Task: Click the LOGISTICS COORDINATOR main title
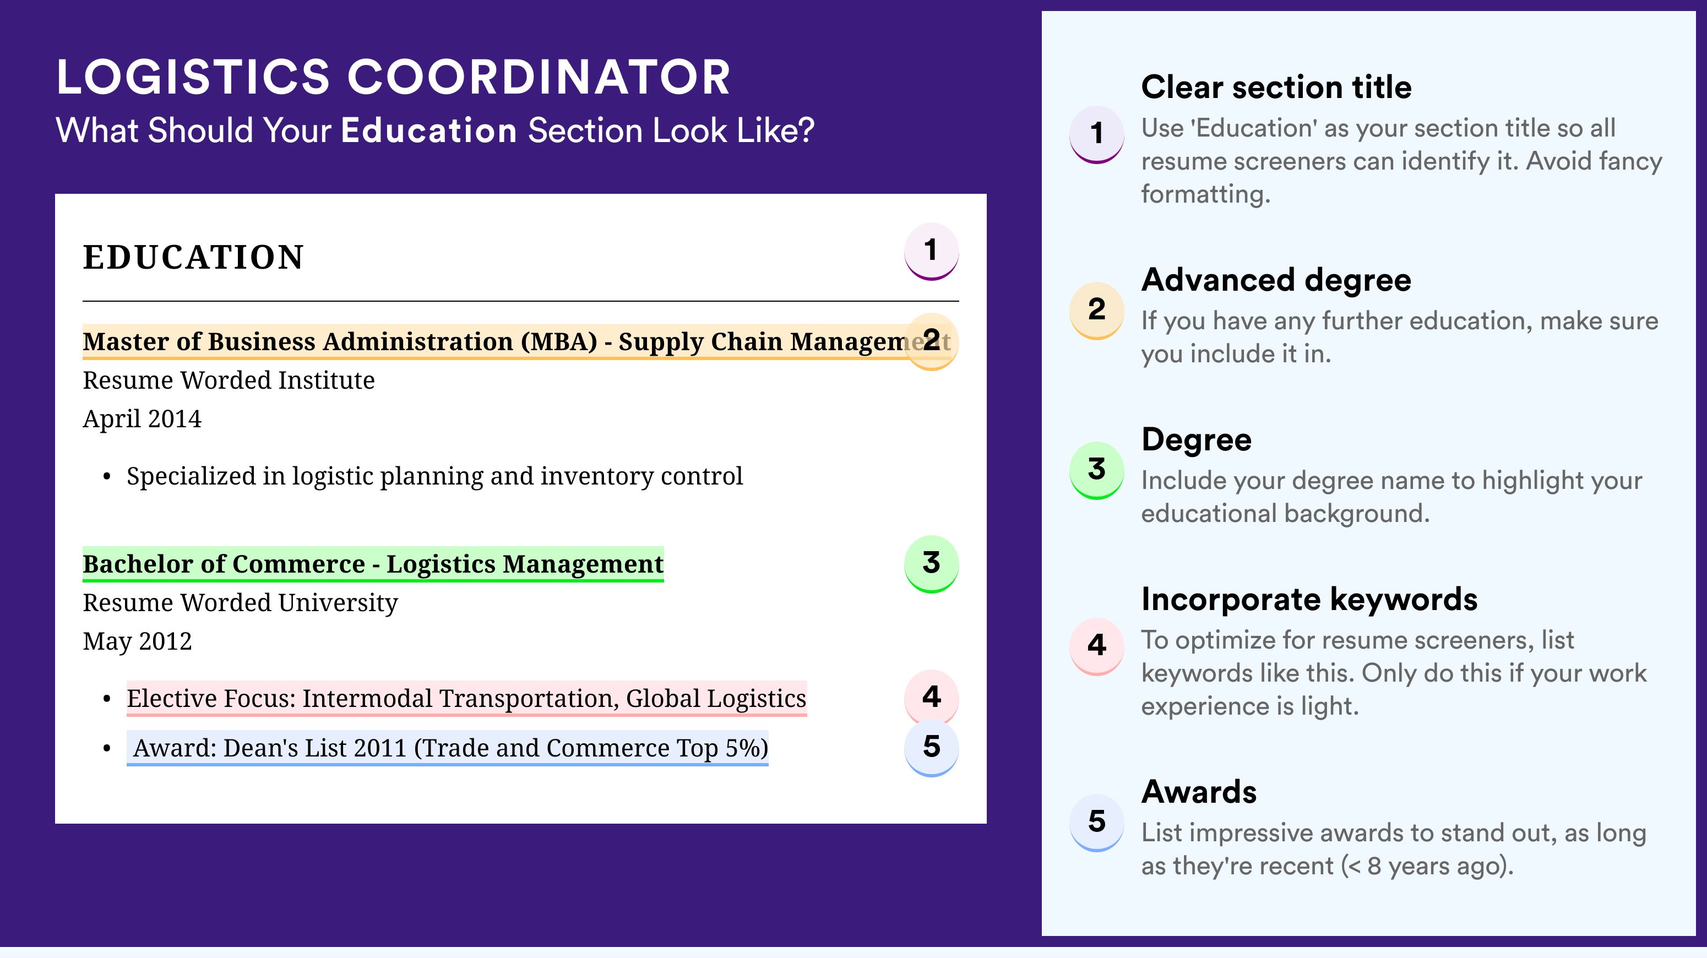[x=394, y=77]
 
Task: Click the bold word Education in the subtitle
[x=429, y=130]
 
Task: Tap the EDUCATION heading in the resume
[x=193, y=257]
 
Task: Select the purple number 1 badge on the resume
[x=931, y=251]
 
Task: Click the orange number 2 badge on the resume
[x=931, y=341]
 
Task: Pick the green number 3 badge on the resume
[x=931, y=564]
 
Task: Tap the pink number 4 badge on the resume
[x=931, y=697]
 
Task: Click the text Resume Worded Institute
[x=229, y=380]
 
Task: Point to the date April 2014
[x=142, y=418]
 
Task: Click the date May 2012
[x=137, y=641]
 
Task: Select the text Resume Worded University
[x=240, y=603]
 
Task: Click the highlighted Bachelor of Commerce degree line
[x=373, y=564]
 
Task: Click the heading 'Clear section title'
[x=1276, y=87]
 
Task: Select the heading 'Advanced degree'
[x=1276, y=280]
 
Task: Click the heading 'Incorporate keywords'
[x=1309, y=600]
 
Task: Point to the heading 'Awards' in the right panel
[x=1199, y=792]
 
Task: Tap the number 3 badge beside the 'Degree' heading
[x=1097, y=470]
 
